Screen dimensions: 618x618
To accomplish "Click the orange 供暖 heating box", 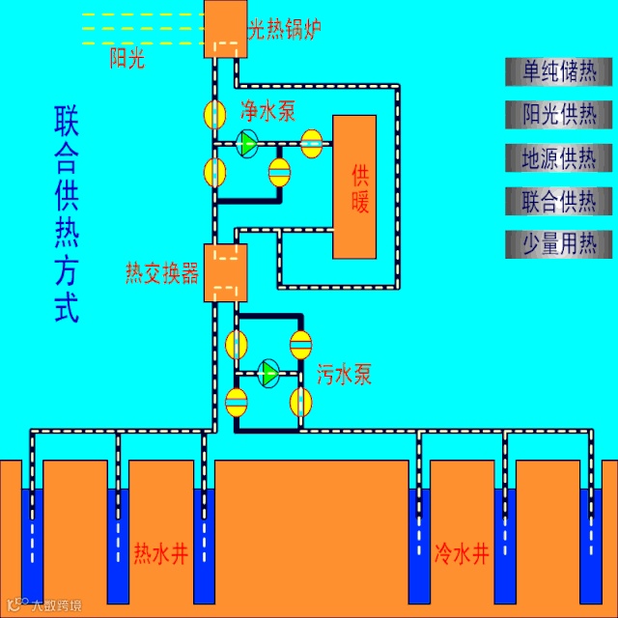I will (x=354, y=187).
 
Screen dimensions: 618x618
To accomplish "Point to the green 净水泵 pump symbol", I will (x=247, y=144).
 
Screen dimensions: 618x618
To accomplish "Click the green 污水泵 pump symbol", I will (x=269, y=372).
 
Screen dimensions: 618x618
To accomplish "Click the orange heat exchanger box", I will (x=225, y=273).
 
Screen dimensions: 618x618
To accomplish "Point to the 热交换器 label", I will (x=162, y=273).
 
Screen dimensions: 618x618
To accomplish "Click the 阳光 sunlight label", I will (x=126, y=60).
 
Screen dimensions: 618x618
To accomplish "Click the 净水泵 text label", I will (x=267, y=111).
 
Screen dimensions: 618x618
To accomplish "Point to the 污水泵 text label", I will (x=344, y=375).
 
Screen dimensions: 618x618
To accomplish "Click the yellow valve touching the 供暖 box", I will (x=312, y=143).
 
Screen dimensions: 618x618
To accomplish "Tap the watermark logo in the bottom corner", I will (x=43, y=605).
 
